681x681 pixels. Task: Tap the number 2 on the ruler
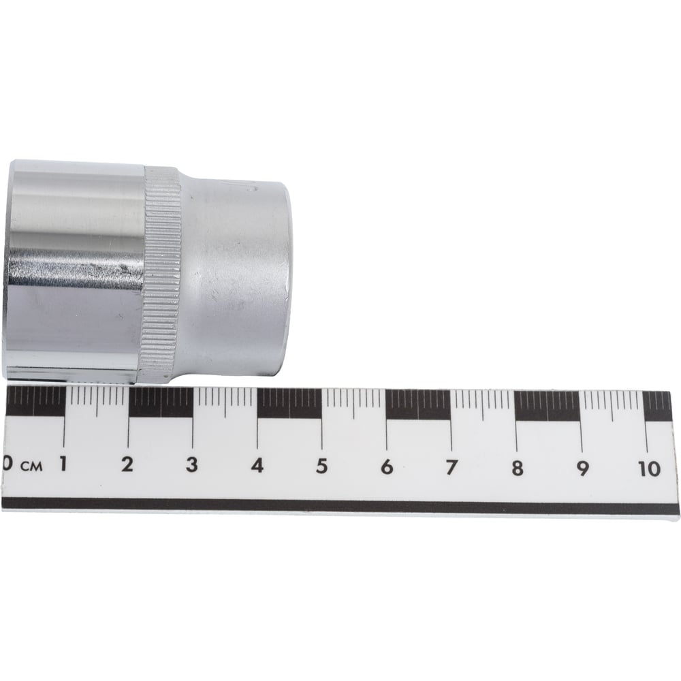click(127, 465)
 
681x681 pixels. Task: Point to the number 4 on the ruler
click(257, 466)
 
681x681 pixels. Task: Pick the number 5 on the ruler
click(322, 466)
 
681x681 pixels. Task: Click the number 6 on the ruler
click(387, 467)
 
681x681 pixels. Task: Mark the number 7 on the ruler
click(452, 468)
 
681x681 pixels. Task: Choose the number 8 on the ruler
click(517, 469)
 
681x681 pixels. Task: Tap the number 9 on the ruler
click(582, 469)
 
